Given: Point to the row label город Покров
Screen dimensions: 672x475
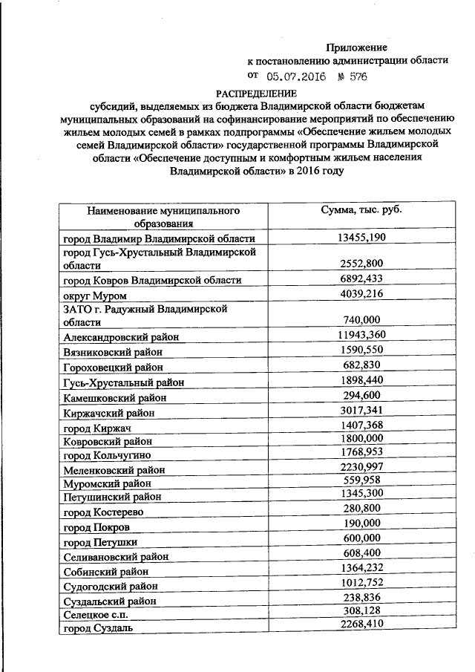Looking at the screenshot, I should [x=97, y=526].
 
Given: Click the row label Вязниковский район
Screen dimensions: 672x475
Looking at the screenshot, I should [x=113, y=351].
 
